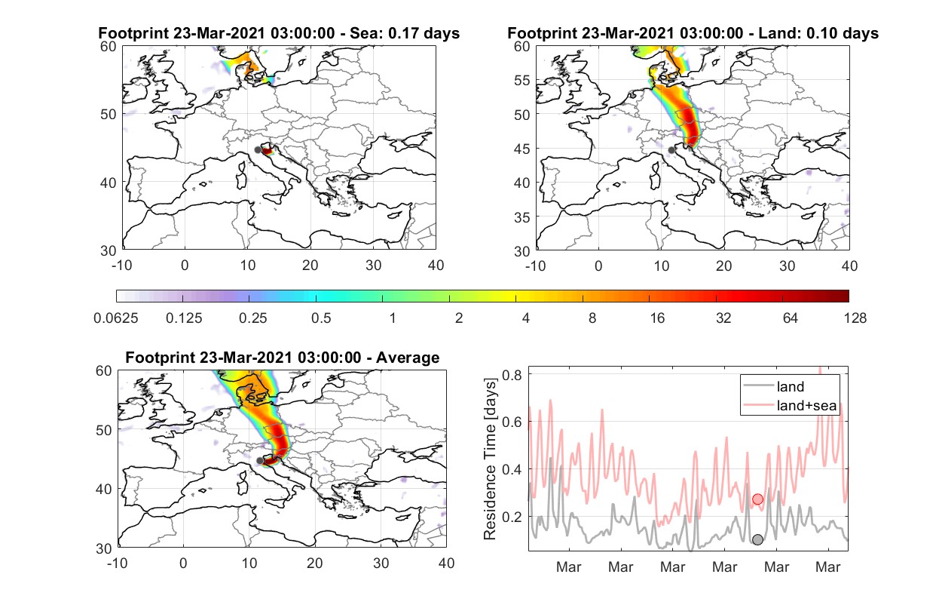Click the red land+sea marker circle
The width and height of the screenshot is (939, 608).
click(757, 499)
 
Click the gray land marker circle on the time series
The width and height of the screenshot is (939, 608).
click(757, 539)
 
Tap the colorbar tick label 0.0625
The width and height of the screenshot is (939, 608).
click(116, 318)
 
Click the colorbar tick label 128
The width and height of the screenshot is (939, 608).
click(855, 318)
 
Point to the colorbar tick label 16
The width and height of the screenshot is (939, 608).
click(657, 318)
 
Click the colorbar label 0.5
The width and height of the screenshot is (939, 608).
click(321, 318)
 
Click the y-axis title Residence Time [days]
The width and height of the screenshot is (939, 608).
click(490, 459)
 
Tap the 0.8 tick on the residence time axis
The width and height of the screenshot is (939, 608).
click(512, 375)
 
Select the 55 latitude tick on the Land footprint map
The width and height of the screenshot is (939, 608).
click(521, 80)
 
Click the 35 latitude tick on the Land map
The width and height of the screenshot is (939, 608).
click(521, 217)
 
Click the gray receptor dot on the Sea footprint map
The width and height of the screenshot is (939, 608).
click(258, 150)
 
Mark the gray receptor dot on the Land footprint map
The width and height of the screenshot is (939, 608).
click(671, 150)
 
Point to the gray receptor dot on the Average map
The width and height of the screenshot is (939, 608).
click(260, 461)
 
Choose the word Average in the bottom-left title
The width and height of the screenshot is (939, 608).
click(408, 358)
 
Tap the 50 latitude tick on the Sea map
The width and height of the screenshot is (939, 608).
click(108, 114)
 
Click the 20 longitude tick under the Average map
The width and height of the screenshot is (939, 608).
click(315, 563)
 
